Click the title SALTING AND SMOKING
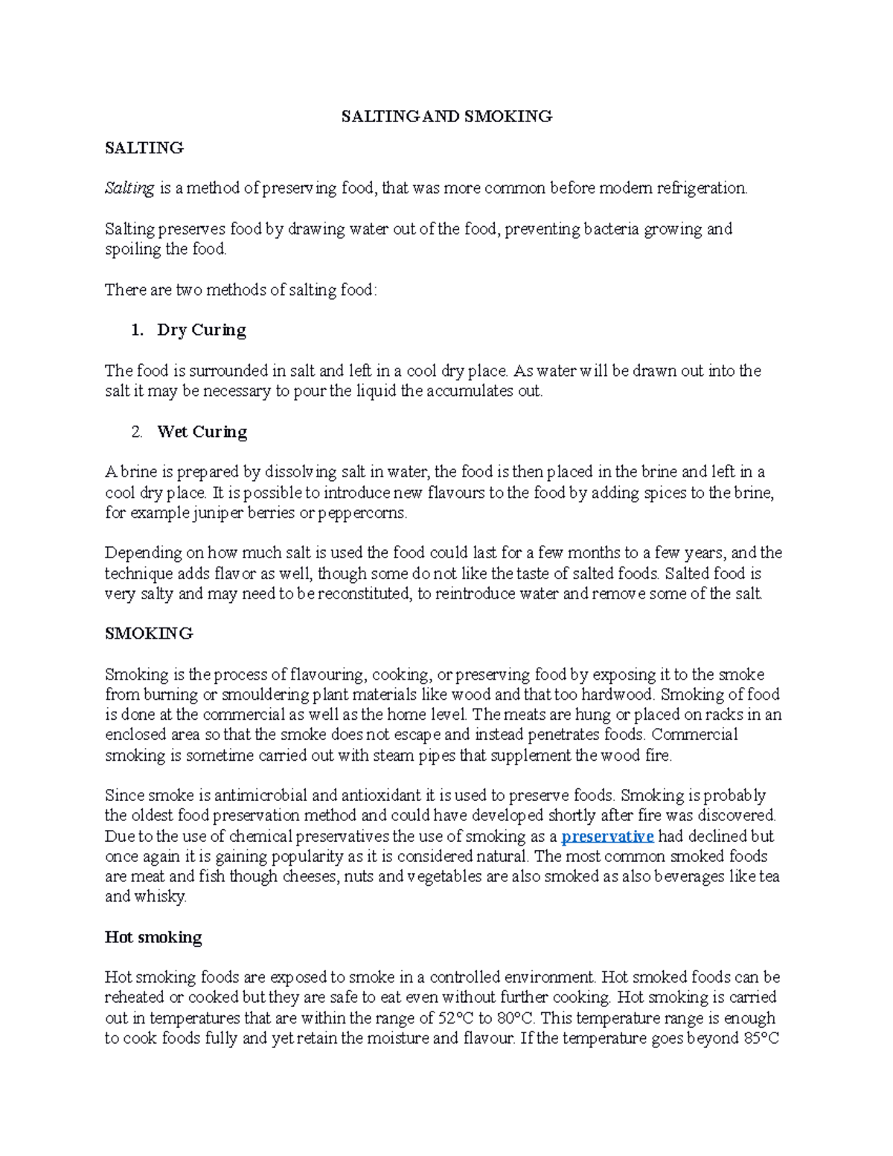(446, 116)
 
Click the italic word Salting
(129, 188)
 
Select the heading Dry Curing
(201, 330)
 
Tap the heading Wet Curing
(202, 432)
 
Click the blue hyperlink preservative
(607, 837)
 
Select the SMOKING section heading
(149, 633)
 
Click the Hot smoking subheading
(153, 937)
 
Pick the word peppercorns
(362, 513)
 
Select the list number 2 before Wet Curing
(136, 432)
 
